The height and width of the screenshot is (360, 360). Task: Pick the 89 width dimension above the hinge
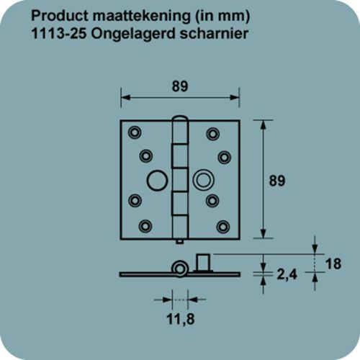tap(180, 85)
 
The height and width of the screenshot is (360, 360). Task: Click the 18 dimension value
tap(332, 264)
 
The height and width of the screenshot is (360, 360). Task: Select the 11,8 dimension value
tap(173, 315)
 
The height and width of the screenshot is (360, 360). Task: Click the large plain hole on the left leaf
tap(155, 178)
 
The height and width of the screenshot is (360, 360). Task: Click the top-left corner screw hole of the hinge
tap(134, 132)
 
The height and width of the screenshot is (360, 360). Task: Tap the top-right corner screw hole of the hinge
tap(212, 132)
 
